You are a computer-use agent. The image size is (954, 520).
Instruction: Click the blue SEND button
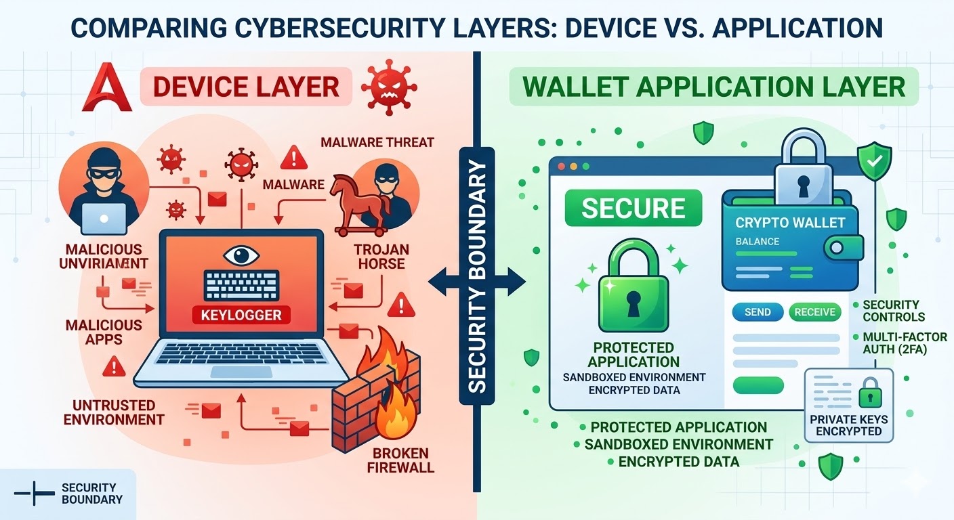(x=757, y=312)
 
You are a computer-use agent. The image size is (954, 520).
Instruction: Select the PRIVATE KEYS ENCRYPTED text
(x=849, y=425)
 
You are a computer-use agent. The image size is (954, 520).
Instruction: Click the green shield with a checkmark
(x=873, y=161)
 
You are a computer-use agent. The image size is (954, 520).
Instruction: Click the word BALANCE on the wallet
(x=757, y=242)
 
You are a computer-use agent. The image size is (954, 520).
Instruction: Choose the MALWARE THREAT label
(x=377, y=142)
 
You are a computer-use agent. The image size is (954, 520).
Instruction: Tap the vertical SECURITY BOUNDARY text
(x=477, y=277)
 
